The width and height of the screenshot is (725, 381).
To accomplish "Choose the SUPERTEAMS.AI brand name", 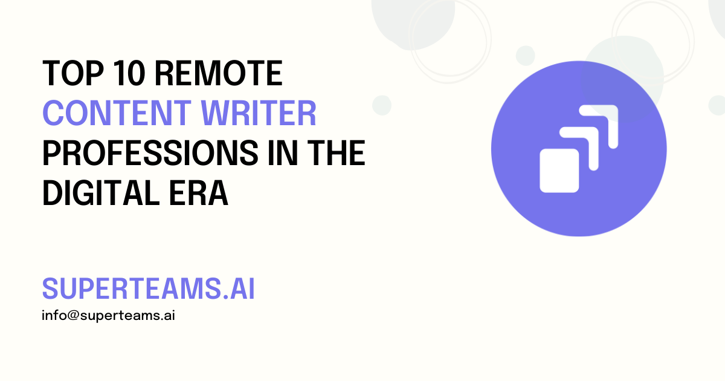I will click(x=148, y=290).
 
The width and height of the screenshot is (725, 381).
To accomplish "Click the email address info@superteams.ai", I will click(x=108, y=316).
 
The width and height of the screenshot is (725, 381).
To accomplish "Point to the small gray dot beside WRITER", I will click(x=382, y=105).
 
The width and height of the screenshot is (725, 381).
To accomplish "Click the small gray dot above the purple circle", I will click(x=525, y=56).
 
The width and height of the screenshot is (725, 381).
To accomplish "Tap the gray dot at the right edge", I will click(x=717, y=105).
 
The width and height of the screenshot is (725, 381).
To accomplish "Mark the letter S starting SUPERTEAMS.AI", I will click(x=50, y=290).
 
